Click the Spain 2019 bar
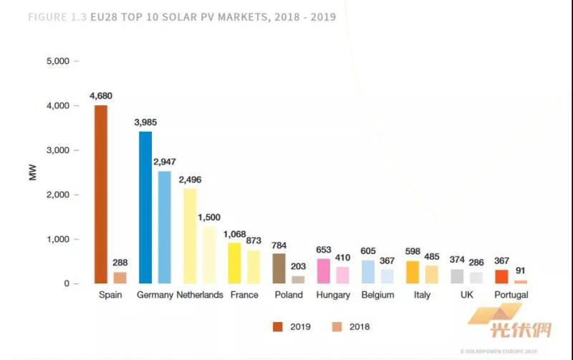(x=101, y=194)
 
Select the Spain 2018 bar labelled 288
(x=120, y=278)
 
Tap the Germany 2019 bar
(x=145, y=208)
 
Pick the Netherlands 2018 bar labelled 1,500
(x=208, y=255)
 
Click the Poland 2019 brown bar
(x=279, y=268)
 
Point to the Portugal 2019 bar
(x=501, y=276)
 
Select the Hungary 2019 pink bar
(x=324, y=271)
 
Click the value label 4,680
(x=101, y=96)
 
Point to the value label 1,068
(x=234, y=234)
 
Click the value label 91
(x=521, y=271)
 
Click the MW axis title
(x=32, y=172)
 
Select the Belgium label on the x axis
(x=377, y=295)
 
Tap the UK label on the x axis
(x=466, y=295)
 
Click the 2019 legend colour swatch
(x=278, y=326)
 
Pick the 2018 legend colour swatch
(x=337, y=326)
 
